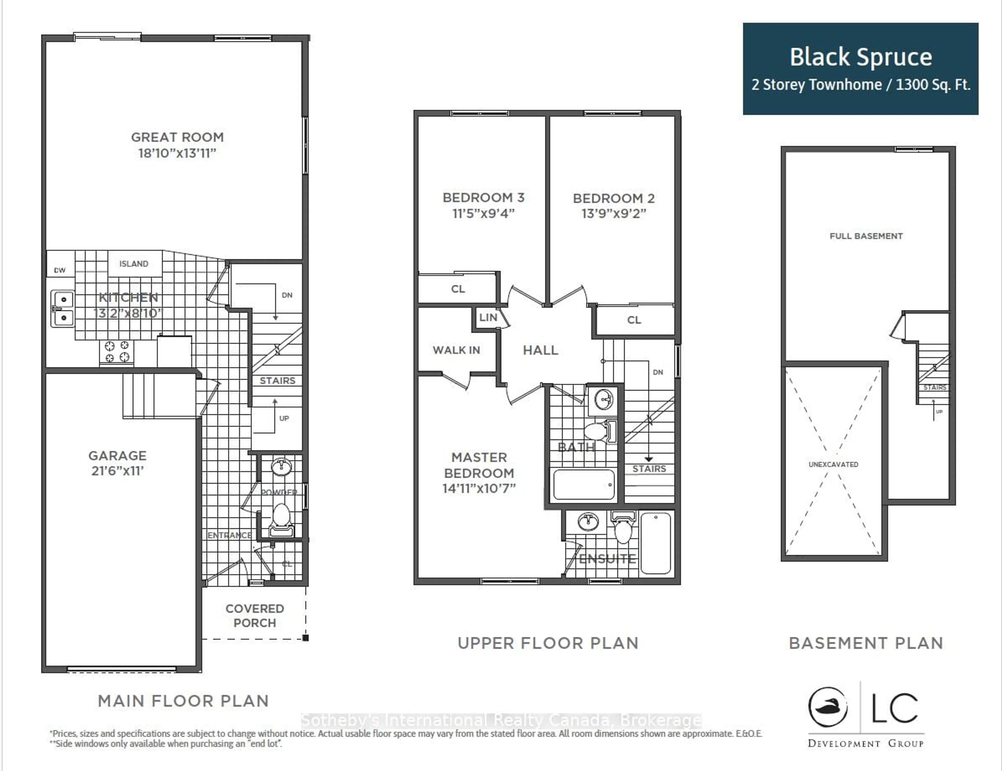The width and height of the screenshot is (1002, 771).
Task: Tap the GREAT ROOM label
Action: (x=177, y=137)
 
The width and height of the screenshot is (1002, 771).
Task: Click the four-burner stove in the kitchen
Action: (x=117, y=352)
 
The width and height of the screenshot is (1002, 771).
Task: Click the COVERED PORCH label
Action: (x=255, y=616)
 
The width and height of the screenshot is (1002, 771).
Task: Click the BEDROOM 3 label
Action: (x=483, y=198)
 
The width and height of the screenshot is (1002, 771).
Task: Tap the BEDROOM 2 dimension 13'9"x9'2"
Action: (x=613, y=214)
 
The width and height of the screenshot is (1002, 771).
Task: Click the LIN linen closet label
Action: (x=488, y=317)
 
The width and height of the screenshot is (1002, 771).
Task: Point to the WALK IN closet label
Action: (x=456, y=350)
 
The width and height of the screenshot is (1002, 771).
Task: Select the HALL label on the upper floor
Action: (x=540, y=350)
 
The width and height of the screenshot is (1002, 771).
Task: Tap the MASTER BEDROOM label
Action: (x=479, y=465)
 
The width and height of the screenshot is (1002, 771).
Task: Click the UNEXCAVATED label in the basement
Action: (x=833, y=464)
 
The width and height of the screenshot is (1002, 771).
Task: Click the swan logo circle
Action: (x=828, y=707)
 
